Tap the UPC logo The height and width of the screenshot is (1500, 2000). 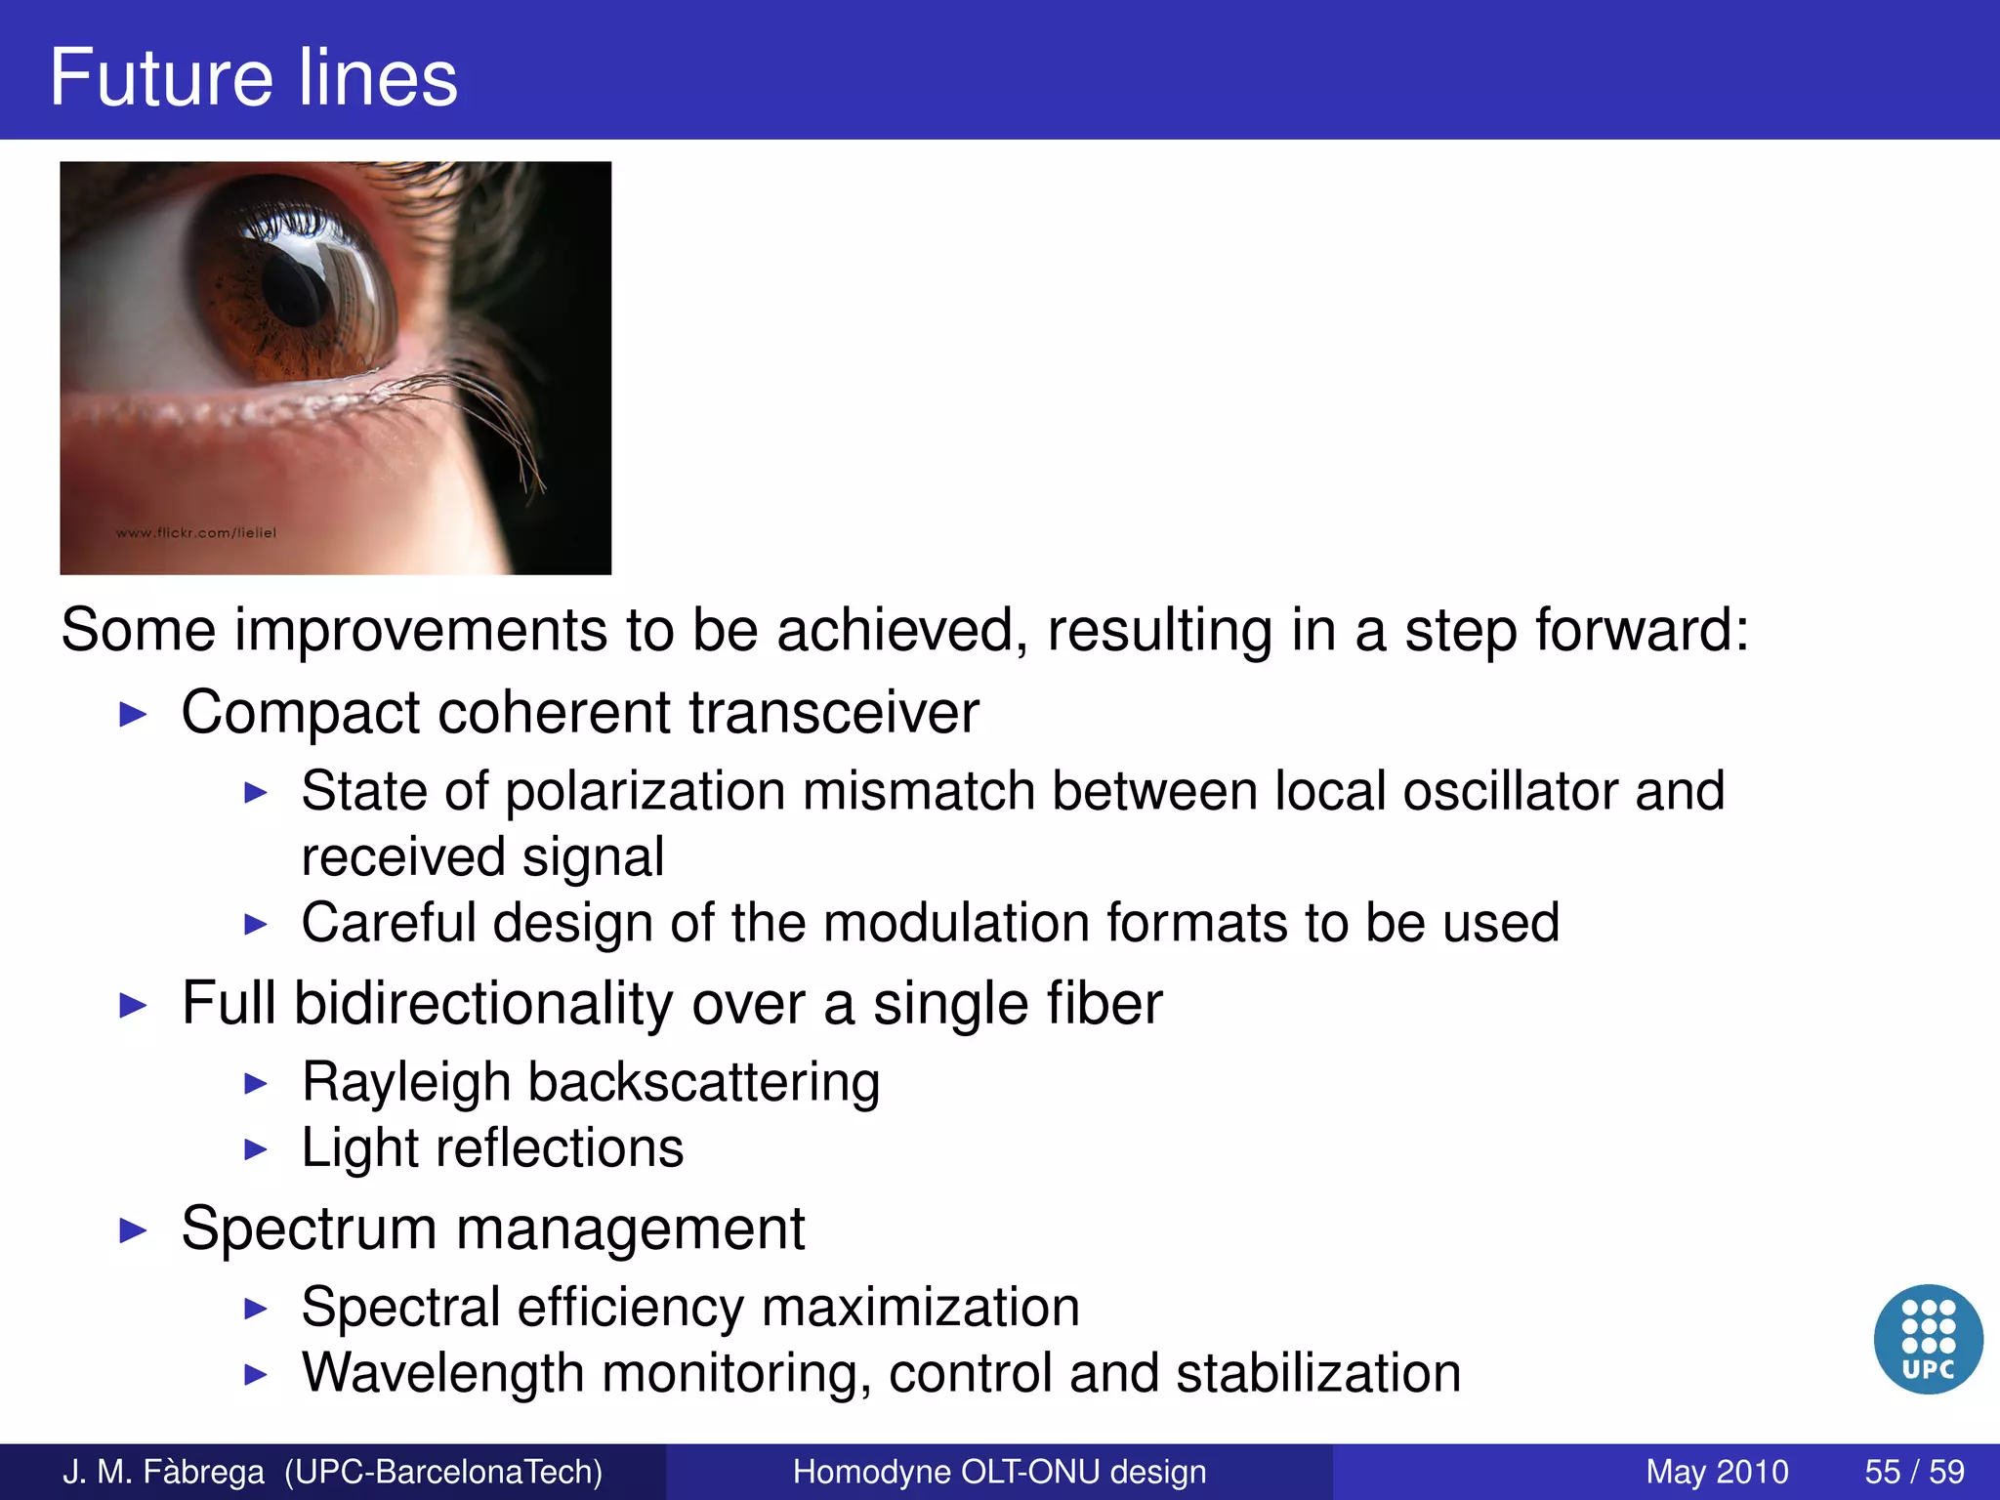pyautogui.click(x=1928, y=1339)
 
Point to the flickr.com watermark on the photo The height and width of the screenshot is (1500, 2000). pyautogui.click(x=196, y=533)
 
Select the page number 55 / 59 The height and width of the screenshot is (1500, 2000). pyautogui.click(x=1914, y=1471)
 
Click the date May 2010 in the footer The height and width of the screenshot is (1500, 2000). pyautogui.click(x=1717, y=1471)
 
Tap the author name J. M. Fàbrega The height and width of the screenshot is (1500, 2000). pyautogui.click(x=163, y=1471)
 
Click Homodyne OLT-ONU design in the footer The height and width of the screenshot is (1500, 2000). pyautogui.click(x=999, y=1471)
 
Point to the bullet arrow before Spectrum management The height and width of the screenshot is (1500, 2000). pyautogui.click(x=132, y=1230)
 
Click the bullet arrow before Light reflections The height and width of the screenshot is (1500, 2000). pyautogui.click(x=255, y=1149)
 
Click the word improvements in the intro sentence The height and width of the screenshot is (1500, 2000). pyautogui.click(x=420, y=630)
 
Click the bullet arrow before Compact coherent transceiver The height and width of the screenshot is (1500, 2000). pyautogui.click(x=132, y=714)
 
